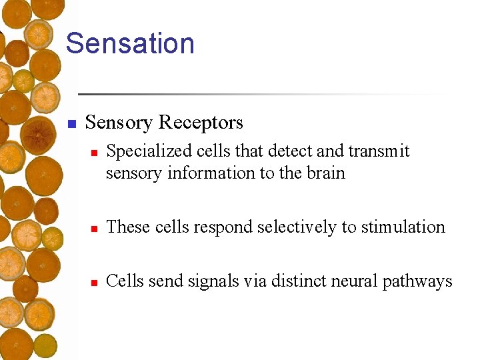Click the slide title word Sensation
(130, 43)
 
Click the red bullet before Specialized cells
(95, 153)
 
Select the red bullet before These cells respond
(95, 229)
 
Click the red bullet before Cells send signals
(95, 283)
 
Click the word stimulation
(403, 227)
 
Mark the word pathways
(417, 282)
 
